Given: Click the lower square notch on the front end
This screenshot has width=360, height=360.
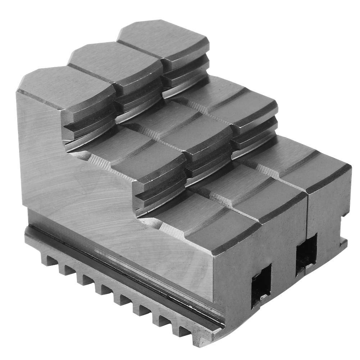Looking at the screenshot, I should [x=261, y=284].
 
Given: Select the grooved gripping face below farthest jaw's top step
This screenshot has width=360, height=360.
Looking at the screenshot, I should [x=185, y=77].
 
